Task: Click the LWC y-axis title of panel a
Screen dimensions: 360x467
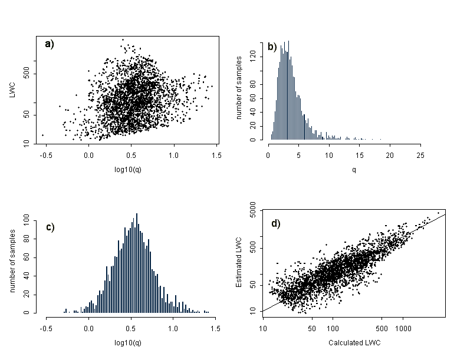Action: click(x=13, y=91)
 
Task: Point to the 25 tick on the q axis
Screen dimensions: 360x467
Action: click(x=420, y=155)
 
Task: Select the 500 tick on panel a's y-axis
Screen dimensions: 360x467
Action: click(x=27, y=74)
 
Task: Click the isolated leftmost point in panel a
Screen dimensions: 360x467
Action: click(x=42, y=135)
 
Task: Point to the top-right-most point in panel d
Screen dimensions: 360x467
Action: click(x=438, y=213)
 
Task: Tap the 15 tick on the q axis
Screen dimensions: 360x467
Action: click(x=360, y=155)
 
